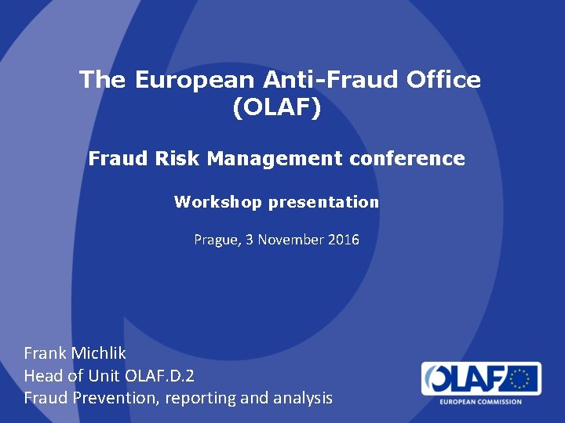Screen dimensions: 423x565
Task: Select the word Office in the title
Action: pyautogui.click(x=446, y=80)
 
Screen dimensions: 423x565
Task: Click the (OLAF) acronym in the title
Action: pyautogui.click(x=276, y=108)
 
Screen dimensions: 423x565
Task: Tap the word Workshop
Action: pyautogui.click(x=218, y=202)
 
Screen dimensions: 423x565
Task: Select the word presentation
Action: pyautogui.click(x=323, y=202)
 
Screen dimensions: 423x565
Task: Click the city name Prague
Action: pyautogui.click(x=214, y=240)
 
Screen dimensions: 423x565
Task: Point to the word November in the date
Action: pyautogui.click(x=290, y=240)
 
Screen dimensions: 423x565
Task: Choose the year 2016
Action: pyautogui.click(x=344, y=240)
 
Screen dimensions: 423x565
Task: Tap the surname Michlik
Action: pyautogui.click(x=99, y=353)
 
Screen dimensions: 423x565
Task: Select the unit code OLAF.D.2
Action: pyautogui.click(x=159, y=375)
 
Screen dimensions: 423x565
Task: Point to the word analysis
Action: pyautogui.click(x=302, y=398)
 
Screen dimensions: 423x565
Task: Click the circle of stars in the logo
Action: pyautogui.click(x=519, y=379)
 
